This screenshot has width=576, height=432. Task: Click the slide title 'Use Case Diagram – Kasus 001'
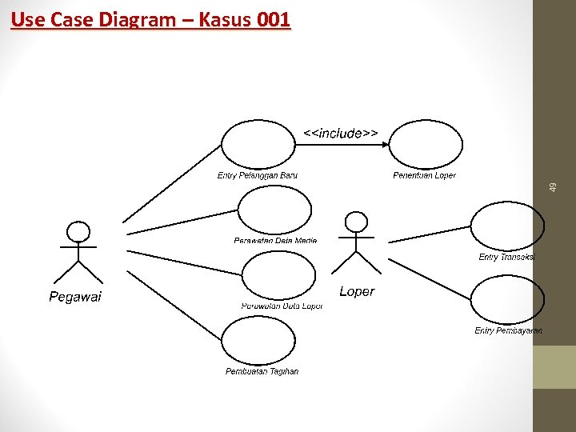tap(151, 19)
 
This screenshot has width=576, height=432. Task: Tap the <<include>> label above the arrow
tap(340, 133)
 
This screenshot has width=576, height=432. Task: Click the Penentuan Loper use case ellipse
tap(426, 145)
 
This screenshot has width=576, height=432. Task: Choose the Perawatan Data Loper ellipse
tap(279, 276)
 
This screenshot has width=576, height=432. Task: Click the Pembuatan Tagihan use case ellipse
tap(258, 341)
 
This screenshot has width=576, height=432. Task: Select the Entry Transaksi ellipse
tap(506, 226)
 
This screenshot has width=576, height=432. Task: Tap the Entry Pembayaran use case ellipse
tap(506, 300)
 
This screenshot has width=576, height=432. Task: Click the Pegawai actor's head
tap(78, 232)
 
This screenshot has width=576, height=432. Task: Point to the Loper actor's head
tap(355, 222)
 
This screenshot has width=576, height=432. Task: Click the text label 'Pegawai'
tap(75, 297)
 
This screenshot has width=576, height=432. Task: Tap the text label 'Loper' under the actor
tap(356, 291)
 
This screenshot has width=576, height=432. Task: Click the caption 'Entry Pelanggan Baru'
tap(258, 175)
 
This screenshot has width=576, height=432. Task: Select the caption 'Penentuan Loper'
tap(424, 175)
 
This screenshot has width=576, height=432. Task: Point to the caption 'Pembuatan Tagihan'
tap(262, 371)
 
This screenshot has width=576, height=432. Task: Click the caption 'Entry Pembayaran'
tap(508, 330)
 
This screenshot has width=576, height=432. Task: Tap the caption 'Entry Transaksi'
tap(506, 257)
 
